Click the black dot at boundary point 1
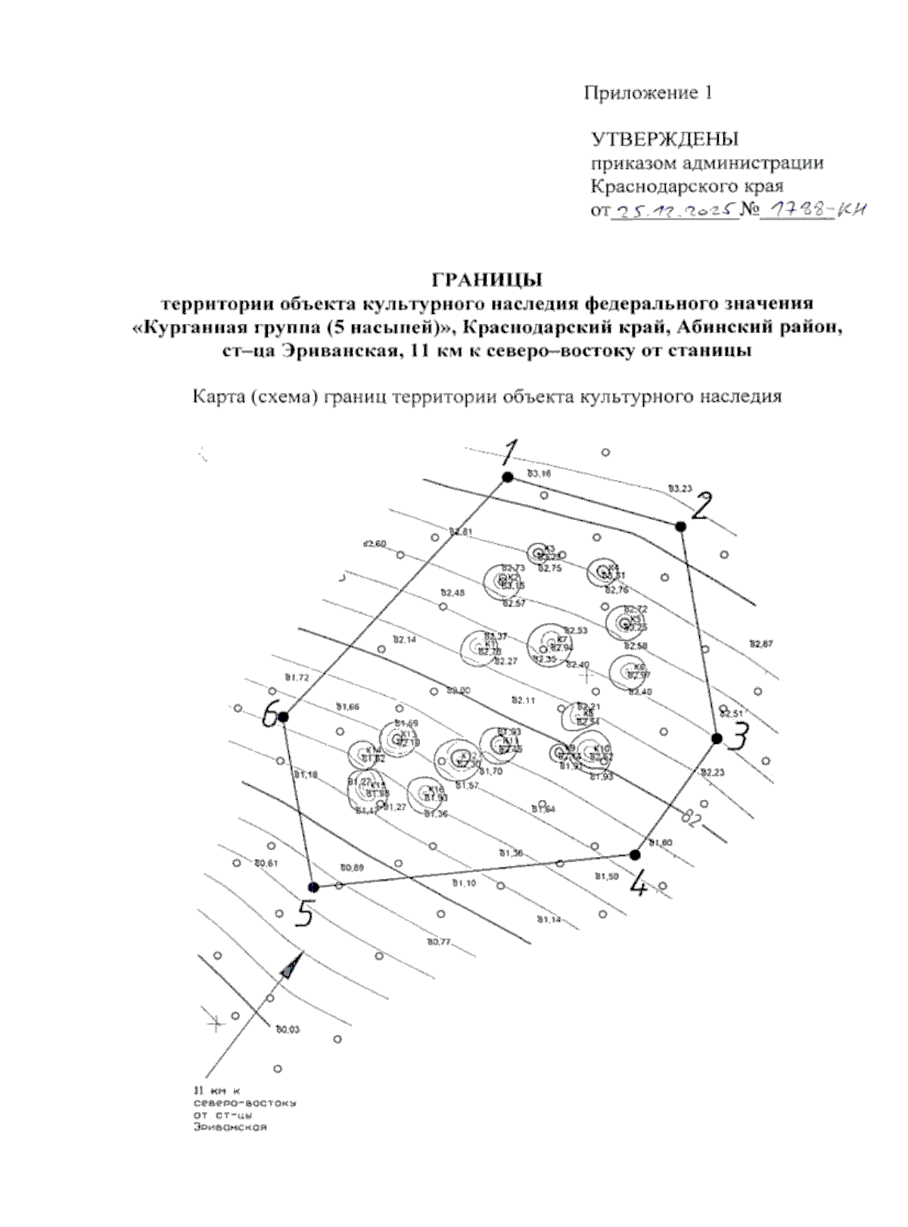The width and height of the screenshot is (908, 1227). (x=508, y=477)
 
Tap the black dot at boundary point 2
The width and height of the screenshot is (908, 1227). (x=680, y=526)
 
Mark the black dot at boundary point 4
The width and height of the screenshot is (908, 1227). (x=635, y=855)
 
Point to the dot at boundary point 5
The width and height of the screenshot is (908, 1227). (x=313, y=887)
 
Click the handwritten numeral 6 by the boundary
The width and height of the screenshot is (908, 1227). (x=269, y=715)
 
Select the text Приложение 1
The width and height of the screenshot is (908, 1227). (x=648, y=93)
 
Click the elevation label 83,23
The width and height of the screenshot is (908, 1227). (x=680, y=488)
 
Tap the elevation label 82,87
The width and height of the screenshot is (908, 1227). (x=761, y=643)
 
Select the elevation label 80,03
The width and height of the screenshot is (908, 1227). (x=288, y=1029)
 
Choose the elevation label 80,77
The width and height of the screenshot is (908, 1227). (x=439, y=942)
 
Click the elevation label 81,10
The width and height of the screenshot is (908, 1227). (x=464, y=883)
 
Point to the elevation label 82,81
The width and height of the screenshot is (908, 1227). (x=461, y=531)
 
